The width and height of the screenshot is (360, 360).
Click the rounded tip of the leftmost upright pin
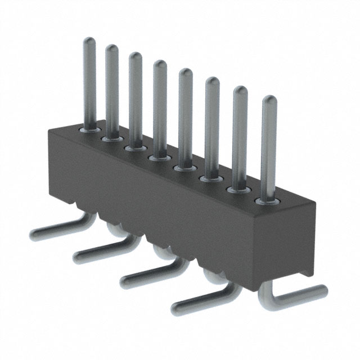(x=89, y=41)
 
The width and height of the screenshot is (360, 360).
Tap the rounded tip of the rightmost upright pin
(x=269, y=101)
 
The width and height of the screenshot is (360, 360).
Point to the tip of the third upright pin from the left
(x=135, y=56)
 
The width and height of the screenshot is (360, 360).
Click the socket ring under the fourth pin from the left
(x=159, y=157)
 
